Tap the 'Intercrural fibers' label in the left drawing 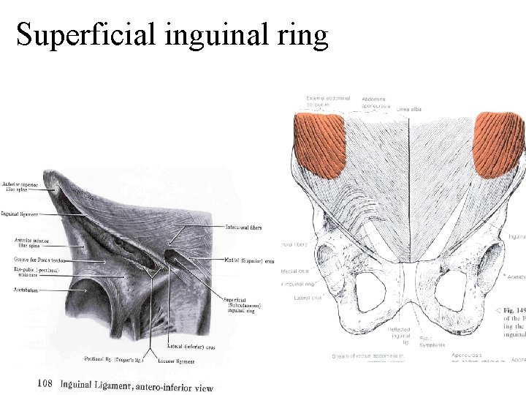coord(245,227)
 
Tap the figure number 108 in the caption coord(46,383)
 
